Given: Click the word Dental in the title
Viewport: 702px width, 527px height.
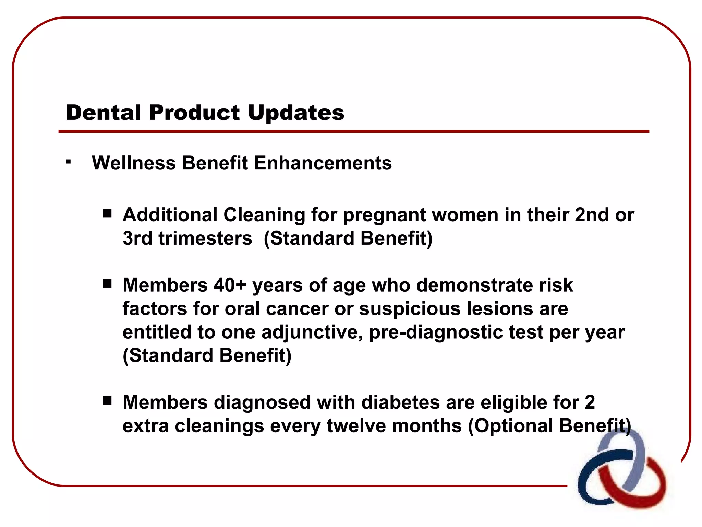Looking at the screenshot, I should tap(104, 113).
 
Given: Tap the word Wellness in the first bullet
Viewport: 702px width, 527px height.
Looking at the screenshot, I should tap(134, 163).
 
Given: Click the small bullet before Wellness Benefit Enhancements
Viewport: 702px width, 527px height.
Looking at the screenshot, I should tap(69, 162).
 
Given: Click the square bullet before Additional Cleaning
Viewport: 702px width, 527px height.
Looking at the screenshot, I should tap(107, 213).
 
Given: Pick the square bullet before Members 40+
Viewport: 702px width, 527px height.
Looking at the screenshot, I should tap(107, 284).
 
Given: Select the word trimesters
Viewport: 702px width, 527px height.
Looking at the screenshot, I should tap(205, 238).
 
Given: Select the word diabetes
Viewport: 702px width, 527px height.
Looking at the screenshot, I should tap(400, 402).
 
